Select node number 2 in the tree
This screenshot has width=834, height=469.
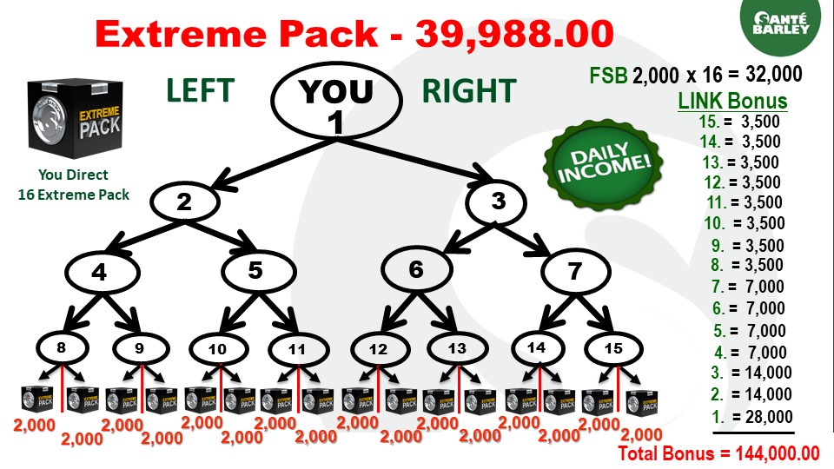click(184, 202)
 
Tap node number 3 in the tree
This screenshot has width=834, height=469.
click(498, 201)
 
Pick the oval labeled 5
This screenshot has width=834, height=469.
click(255, 271)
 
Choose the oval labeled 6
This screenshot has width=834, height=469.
click(416, 270)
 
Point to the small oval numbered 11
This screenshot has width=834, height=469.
click(297, 351)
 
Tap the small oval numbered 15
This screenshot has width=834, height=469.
click(614, 349)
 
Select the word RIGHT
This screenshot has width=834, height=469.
click(469, 91)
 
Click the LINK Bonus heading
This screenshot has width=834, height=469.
click(731, 101)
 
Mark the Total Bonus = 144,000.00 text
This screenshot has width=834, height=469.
click(718, 452)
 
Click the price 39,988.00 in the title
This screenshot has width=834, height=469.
click(514, 35)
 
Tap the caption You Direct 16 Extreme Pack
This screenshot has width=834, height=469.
click(73, 185)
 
